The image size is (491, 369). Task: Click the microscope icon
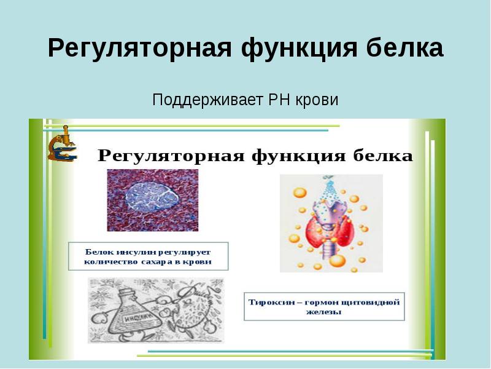click(62, 145)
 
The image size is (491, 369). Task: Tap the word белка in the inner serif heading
click(385, 156)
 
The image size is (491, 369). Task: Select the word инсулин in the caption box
click(130, 251)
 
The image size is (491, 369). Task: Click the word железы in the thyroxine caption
click(324, 312)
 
